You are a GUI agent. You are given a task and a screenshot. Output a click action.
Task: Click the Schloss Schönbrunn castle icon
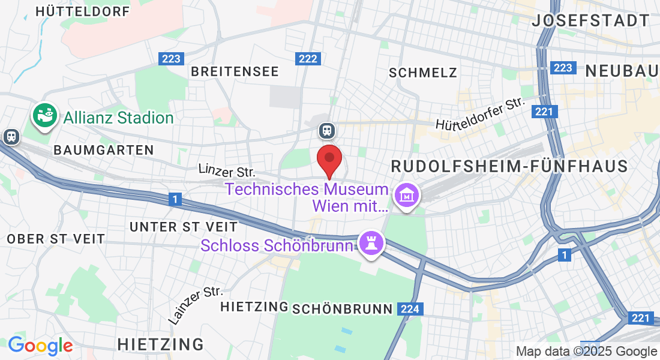[371, 244]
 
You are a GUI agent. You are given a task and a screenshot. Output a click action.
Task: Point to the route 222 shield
[308, 58]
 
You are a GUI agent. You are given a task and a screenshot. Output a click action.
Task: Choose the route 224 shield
[410, 309]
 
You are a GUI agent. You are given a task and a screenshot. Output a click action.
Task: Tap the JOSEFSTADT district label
[591, 20]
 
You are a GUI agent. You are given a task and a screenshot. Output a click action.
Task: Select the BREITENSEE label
[235, 71]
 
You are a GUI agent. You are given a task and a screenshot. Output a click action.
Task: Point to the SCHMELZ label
[423, 73]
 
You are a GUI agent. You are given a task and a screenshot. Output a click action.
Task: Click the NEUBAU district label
[622, 70]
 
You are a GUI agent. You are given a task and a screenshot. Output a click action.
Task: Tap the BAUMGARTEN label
[104, 149]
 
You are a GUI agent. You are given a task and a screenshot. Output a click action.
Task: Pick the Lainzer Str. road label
[196, 305]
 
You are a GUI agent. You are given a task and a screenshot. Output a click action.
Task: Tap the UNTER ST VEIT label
[184, 227]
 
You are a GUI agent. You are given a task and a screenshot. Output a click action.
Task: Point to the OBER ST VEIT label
[56, 239]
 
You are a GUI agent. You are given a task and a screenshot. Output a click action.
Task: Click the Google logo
[40, 346]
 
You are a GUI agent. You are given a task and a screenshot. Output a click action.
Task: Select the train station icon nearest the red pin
[326, 130]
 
